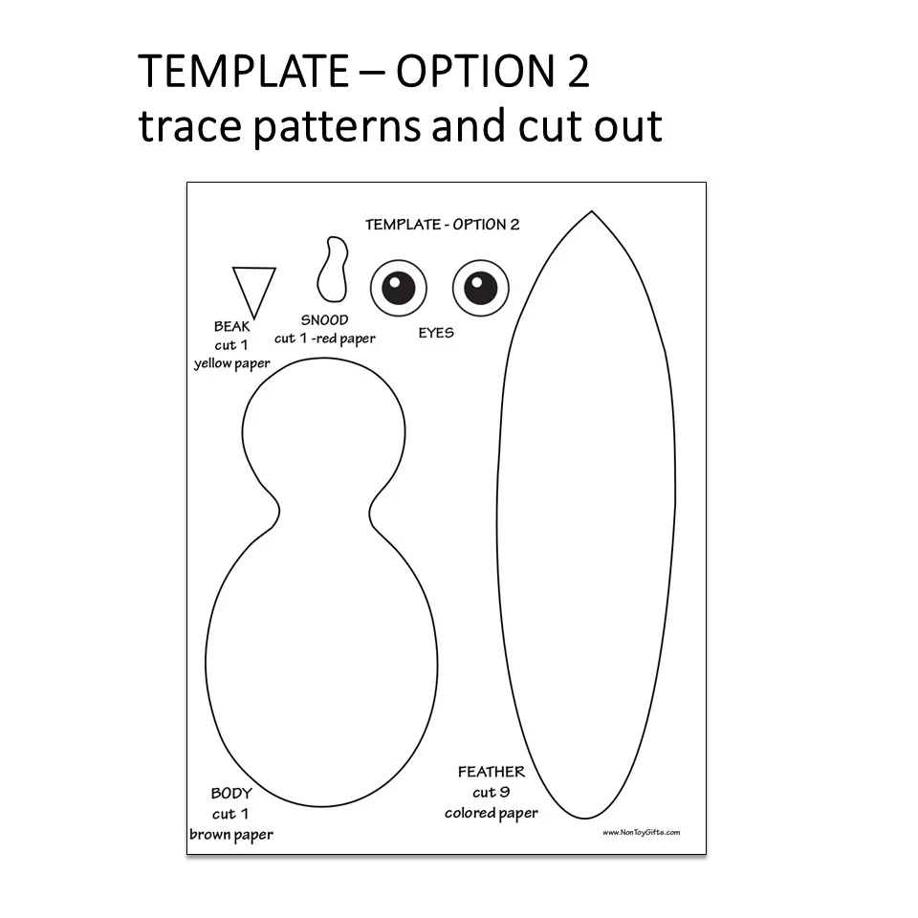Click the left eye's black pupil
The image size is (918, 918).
point(399,288)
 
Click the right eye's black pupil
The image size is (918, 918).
point(481,288)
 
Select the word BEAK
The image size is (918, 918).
point(231,326)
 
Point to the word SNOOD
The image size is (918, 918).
point(324,320)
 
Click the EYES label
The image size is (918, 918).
point(436,333)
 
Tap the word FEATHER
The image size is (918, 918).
point(492,772)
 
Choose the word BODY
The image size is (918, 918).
point(231,794)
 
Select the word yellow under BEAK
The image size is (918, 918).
point(212,363)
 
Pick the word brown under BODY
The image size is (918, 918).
point(208,834)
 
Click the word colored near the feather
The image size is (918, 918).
point(470,813)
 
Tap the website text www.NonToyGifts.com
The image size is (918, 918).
point(641,832)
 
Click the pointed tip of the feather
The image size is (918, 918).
point(591,211)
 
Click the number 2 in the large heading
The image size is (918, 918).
point(578,72)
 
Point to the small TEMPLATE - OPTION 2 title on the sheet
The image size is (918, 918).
point(442,224)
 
